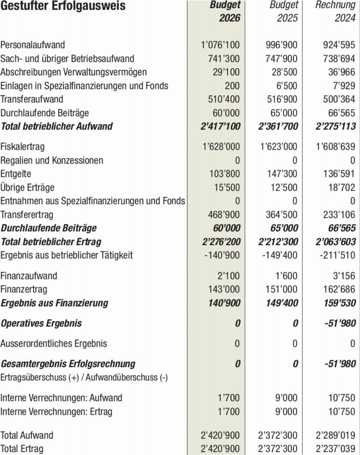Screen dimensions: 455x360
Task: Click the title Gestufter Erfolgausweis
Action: pos(63,6)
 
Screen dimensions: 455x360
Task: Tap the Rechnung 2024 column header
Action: pos(335,11)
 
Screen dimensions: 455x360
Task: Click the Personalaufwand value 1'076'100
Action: pos(220,45)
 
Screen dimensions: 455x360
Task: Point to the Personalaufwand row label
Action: pos(33,45)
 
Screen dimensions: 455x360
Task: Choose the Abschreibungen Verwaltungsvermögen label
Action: pos(73,72)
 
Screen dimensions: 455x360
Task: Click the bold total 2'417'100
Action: pos(220,126)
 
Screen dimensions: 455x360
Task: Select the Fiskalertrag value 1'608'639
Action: pos(335,147)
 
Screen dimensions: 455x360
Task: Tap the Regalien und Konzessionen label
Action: pos(52,160)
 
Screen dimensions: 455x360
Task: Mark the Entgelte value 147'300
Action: pos(282,174)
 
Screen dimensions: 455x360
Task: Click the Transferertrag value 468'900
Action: pos(224,215)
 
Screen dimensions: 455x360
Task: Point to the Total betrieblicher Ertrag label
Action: pos(51,242)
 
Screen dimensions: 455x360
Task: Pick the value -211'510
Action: pos(337,255)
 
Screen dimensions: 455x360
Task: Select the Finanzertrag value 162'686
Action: pos(339,289)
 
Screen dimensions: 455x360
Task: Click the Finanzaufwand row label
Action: pos(29,276)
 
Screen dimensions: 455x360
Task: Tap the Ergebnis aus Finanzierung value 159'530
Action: pos(340,303)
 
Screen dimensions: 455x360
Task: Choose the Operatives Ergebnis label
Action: pos(41,323)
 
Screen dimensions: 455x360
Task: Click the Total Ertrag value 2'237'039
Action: pos(335,449)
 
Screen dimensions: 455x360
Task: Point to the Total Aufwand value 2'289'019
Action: pos(335,435)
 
